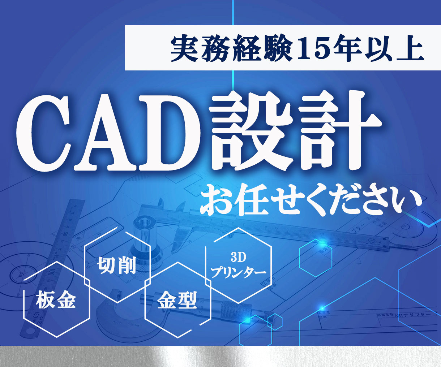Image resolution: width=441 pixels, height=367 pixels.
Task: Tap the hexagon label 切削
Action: [x=116, y=266]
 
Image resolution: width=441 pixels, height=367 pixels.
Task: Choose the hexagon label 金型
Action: [x=177, y=299]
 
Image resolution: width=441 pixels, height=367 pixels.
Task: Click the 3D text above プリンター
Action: [x=238, y=258]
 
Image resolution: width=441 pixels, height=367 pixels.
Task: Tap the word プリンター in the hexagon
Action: [x=238, y=272]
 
